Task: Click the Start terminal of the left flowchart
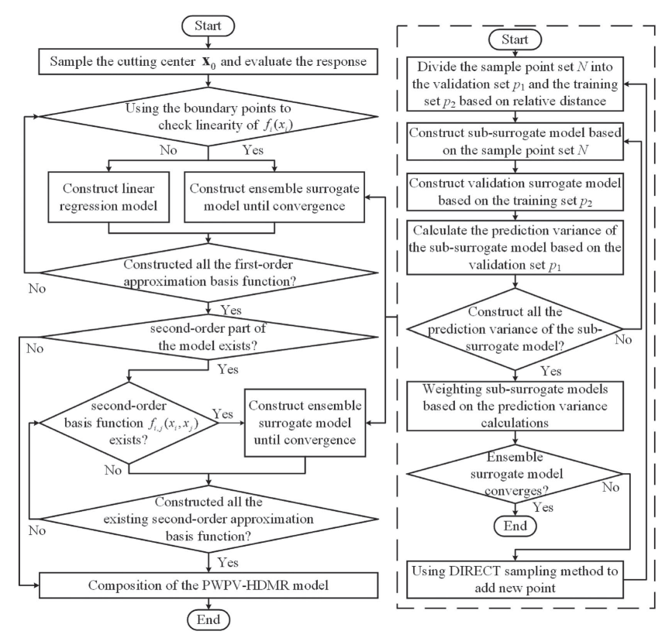(x=208, y=26)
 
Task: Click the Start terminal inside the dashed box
(x=515, y=39)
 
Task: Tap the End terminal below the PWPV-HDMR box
(x=208, y=619)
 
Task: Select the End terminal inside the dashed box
(x=515, y=526)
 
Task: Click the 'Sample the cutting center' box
(x=208, y=62)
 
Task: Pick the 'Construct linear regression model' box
(x=109, y=197)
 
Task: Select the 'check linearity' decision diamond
(x=208, y=116)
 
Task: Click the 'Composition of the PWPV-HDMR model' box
(x=208, y=585)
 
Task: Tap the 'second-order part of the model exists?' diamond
(x=208, y=337)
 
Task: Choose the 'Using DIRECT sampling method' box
(x=515, y=579)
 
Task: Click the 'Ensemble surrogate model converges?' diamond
(x=515, y=474)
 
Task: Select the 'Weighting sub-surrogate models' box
(x=515, y=406)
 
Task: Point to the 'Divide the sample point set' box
(x=515, y=84)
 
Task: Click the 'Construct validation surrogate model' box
(x=515, y=192)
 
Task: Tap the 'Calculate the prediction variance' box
(x=515, y=248)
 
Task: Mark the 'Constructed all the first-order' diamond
(x=208, y=273)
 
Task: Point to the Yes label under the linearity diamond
(x=253, y=150)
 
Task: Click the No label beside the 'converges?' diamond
(x=610, y=487)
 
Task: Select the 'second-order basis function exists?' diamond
(x=129, y=423)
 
